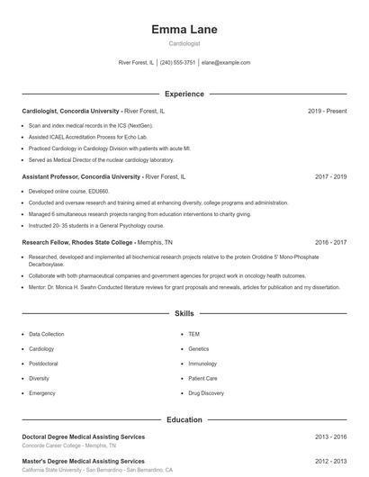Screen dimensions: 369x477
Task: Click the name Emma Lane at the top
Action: point(184,30)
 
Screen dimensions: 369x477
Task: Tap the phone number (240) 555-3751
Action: point(177,63)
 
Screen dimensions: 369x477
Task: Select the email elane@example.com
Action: point(226,63)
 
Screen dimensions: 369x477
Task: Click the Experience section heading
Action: point(184,94)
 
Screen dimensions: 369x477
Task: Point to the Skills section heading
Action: point(184,314)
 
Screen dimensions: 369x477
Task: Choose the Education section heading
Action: point(184,419)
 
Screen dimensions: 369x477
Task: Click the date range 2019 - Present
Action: point(327,111)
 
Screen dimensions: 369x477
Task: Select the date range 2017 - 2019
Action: point(330,177)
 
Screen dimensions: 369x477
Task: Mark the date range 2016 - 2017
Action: point(330,242)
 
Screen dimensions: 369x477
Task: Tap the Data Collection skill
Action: point(47,334)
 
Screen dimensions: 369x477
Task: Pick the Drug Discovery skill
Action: point(205,393)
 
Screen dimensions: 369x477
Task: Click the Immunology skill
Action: point(202,364)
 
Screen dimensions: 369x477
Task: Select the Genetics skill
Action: point(199,348)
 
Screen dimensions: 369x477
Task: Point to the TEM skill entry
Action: point(194,334)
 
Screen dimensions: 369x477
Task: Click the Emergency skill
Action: point(42,393)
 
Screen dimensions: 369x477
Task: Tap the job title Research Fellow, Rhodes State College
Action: point(77,242)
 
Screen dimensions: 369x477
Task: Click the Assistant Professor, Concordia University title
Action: point(81,177)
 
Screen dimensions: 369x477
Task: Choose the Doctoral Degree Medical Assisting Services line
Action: point(83,436)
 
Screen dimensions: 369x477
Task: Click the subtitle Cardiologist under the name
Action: point(184,43)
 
